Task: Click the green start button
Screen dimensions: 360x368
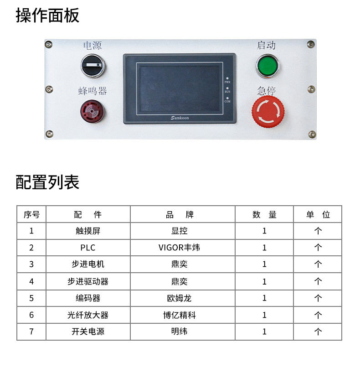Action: click(x=267, y=66)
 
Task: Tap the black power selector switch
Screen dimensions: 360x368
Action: click(x=93, y=66)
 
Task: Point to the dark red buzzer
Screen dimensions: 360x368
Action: click(x=93, y=111)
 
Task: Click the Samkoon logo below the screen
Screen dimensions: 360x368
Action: click(x=180, y=118)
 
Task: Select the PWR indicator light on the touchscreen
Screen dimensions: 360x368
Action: click(x=227, y=78)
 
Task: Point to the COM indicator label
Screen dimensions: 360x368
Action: click(x=227, y=101)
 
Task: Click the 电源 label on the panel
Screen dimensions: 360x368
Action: click(x=93, y=45)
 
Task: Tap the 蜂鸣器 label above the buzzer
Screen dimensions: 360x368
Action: click(x=93, y=91)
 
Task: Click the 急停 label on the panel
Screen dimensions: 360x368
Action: click(x=267, y=91)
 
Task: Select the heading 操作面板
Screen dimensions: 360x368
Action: click(x=47, y=16)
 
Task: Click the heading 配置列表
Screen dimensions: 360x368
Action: click(x=47, y=182)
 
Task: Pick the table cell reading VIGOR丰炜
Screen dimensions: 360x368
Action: click(x=179, y=248)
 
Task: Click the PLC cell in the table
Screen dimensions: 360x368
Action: click(x=87, y=248)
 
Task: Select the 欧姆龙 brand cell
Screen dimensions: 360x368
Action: click(x=179, y=298)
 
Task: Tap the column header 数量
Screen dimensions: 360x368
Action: click(x=264, y=214)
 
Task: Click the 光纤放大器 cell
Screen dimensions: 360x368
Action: click(x=87, y=315)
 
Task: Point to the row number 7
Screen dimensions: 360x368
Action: click(x=31, y=332)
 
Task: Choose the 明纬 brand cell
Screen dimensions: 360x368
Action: click(x=179, y=332)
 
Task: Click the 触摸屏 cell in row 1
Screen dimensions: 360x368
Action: click(x=87, y=231)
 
